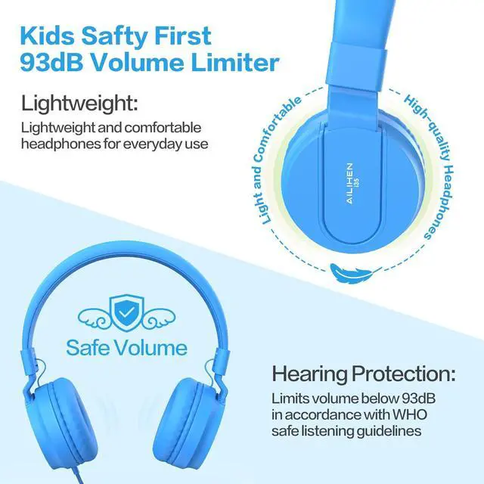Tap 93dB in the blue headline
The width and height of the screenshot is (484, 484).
pyautogui.click(x=51, y=63)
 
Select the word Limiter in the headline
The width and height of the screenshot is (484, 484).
pyautogui.click(x=235, y=63)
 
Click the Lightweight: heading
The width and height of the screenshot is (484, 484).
pyautogui.click(x=79, y=104)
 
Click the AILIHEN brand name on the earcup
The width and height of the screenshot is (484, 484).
pyautogui.click(x=349, y=184)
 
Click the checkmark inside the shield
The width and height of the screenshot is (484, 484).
pyautogui.click(x=126, y=313)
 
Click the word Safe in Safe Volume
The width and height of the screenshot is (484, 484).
pyautogui.click(x=88, y=348)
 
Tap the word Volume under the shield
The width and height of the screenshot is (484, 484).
pyautogui.click(x=151, y=348)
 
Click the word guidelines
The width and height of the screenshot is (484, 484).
pyautogui.click(x=389, y=431)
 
